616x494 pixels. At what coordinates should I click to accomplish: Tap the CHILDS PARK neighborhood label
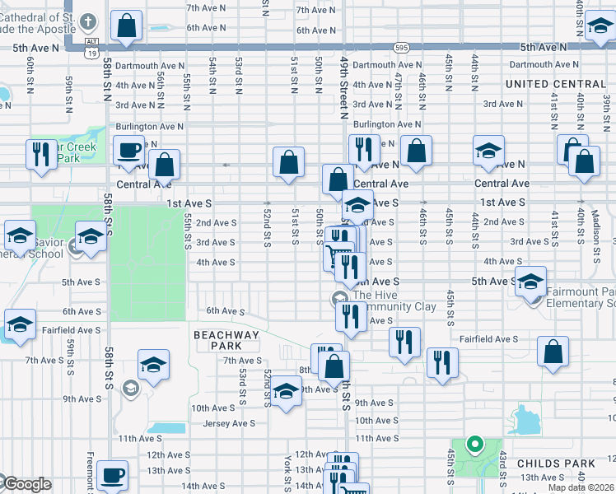550,464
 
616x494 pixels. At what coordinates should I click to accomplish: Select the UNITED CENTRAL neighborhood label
556,84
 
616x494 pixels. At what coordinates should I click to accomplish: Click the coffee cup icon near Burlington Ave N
128,151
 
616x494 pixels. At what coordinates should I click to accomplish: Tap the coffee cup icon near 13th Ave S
112,475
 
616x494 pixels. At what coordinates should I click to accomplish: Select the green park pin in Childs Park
474,445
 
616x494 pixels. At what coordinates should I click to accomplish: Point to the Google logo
27,484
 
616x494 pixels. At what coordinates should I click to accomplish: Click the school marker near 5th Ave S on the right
530,282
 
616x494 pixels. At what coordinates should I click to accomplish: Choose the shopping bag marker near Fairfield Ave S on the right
553,351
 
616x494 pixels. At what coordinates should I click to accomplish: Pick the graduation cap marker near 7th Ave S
153,364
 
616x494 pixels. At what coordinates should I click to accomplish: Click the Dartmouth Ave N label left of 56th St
148,65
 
